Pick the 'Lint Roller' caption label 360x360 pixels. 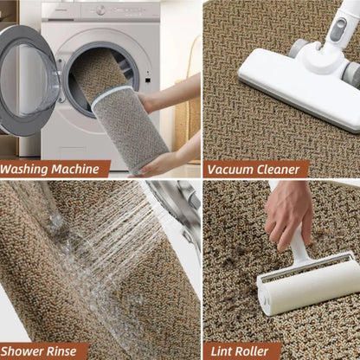click(242, 350)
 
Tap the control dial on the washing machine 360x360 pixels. click(101, 10)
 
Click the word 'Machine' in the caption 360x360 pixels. click(80, 169)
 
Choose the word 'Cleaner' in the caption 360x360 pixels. click(278, 169)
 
